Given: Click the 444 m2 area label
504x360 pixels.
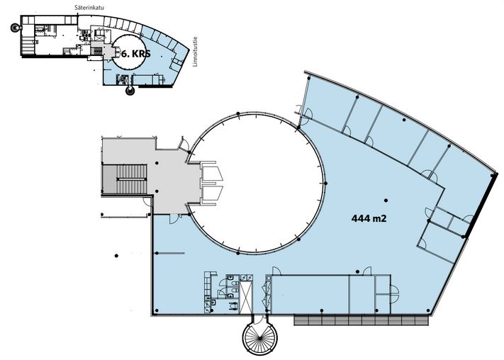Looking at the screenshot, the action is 369,218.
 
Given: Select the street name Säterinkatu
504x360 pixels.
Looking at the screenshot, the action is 84,7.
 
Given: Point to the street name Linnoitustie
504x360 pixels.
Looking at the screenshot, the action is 195,52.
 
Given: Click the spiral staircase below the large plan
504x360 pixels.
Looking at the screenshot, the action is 258,337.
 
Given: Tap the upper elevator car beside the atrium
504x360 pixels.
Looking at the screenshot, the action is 212,174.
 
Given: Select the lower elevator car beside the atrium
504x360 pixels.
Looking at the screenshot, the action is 212,193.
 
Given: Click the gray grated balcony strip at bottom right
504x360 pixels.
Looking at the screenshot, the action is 362,320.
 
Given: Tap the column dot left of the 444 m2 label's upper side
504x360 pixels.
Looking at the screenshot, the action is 386,201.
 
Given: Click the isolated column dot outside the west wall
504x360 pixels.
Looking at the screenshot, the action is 116,256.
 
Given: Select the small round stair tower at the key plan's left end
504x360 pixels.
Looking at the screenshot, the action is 15,28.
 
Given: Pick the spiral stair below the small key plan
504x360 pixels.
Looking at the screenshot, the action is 130,91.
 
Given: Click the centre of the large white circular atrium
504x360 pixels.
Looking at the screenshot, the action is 256,182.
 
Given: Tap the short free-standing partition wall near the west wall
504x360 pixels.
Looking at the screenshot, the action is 169,253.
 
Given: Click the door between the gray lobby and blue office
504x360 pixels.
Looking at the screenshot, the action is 174,218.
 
